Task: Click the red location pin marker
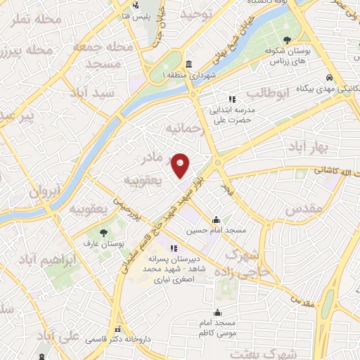[181, 165]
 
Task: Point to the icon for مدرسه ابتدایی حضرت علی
[232, 99]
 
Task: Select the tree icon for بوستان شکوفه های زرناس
[287, 40]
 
